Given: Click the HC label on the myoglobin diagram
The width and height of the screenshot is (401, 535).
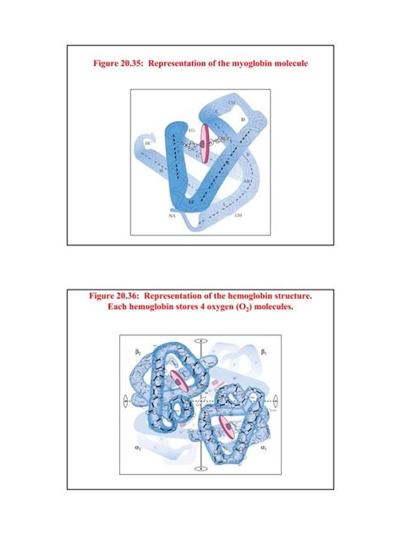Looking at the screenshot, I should (148, 145).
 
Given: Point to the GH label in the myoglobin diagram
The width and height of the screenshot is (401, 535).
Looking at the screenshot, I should (238, 216).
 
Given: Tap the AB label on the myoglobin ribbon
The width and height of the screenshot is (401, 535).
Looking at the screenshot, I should (246, 180).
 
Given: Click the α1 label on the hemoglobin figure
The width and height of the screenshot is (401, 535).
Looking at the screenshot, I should (264, 446).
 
